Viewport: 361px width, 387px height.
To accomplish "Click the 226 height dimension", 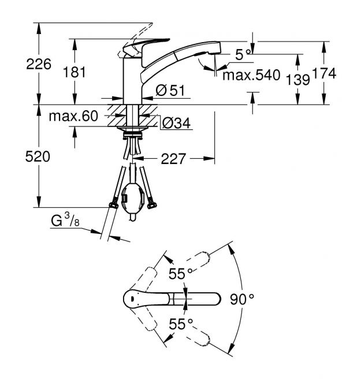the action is click(39, 64).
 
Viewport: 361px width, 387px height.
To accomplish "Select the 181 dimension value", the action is click(75, 72).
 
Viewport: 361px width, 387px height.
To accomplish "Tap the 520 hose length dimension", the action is click(38, 157).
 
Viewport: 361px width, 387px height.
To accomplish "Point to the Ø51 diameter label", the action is click(170, 90).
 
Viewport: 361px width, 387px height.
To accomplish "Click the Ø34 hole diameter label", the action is click(176, 122).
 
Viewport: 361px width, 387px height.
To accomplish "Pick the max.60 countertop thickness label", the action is click(73, 116).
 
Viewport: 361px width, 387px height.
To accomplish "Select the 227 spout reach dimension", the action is click(173, 159).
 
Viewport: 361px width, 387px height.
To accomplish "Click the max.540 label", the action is click(251, 75).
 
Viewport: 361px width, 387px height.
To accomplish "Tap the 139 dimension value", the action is click(297, 80).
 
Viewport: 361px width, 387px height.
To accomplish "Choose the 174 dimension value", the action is click(324, 73).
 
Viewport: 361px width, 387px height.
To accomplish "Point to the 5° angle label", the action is click(243, 54).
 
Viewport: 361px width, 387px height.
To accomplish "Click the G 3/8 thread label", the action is click(65, 220).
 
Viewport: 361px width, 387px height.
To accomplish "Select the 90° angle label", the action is click(242, 299).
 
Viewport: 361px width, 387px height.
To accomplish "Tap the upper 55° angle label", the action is click(180, 273).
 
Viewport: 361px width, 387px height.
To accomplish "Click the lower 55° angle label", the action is click(181, 324).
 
